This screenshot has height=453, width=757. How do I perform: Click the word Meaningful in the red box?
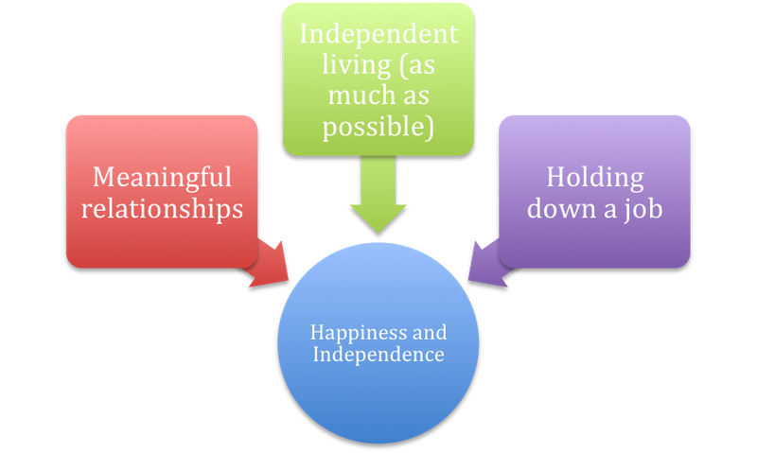pos(162,178)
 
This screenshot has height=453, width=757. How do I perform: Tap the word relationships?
pos(162,209)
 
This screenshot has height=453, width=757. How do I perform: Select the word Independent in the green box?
pos(378,35)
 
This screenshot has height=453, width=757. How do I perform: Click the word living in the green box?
pos(357,65)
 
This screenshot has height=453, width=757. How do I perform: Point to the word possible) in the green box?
pos(378,127)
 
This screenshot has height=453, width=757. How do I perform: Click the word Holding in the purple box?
pos(595,178)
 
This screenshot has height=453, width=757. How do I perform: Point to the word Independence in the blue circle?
pos(378,355)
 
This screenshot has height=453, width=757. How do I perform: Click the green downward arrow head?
pos(378,218)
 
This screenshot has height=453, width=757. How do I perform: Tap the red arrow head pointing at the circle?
pos(272,267)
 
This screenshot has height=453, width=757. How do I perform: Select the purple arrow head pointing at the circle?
pos(485,267)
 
